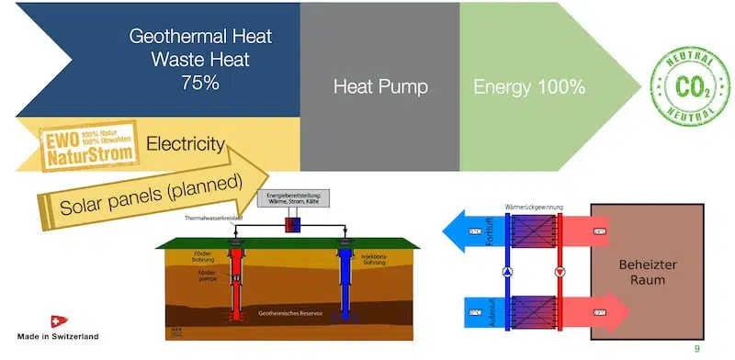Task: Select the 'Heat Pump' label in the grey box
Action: pyautogui.click(x=380, y=88)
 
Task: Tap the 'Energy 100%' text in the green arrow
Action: pyautogui.click(x=529, y=88)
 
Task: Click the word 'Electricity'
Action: pyautogui.click(x=186, y=143)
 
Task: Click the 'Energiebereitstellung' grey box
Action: pyautogui.click(x=295, y=203)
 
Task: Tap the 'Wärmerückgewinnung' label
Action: pyautogui.click(x=530, y=208)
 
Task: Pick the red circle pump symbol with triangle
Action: pyautogui.click(x=560, y=272)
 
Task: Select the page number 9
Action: pyautogui.click(x=696, y=348)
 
